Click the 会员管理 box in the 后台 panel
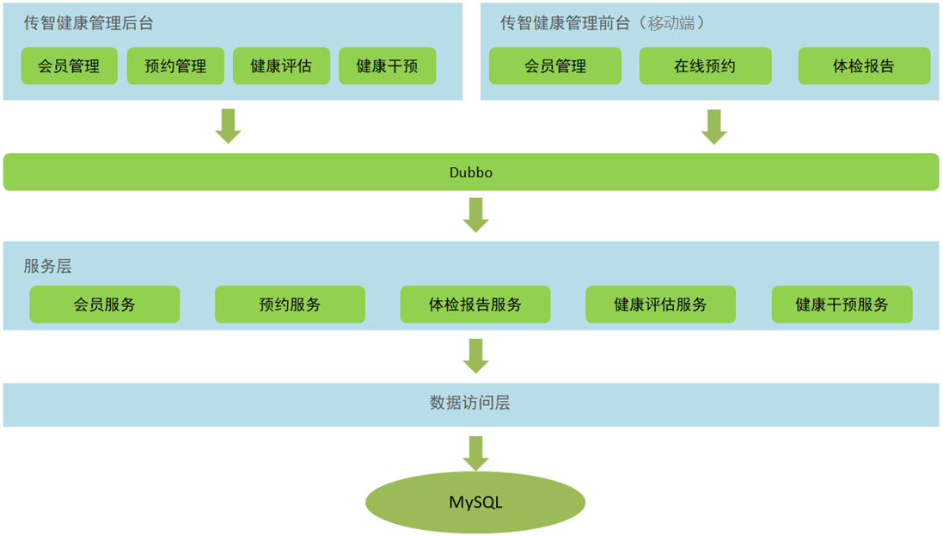click(69, 66)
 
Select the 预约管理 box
click(175, 66)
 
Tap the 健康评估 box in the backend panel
click(281, 66)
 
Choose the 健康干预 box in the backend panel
click(387, 66)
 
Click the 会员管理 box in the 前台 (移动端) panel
click(555, 66)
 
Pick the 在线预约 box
click(705, 66)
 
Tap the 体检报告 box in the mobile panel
click(864, 66)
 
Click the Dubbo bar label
click(471, 172)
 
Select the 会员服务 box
click(105, 305)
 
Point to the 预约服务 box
click(290, 305)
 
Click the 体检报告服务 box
click(475, 305)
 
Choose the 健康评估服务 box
click(660, 305)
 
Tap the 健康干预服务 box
click(842, 305)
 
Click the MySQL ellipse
click(475, 502)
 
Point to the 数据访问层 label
click(470, 403)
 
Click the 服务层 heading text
click(47, 267)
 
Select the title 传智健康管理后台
click(89, 23)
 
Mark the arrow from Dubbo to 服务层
click(475, 214)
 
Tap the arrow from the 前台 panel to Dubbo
click(713, 126)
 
